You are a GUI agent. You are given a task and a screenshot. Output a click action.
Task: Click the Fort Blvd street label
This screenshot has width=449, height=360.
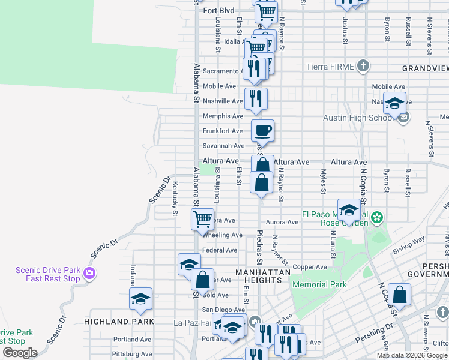tap(218, 10)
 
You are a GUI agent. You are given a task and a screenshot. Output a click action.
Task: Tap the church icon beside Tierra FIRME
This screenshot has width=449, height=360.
tap(363, 66)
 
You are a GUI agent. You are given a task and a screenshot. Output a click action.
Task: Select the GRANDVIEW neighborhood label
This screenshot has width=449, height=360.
tap(425, 68)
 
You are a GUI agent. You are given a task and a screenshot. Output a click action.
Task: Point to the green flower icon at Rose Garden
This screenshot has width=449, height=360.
tap(377, 217)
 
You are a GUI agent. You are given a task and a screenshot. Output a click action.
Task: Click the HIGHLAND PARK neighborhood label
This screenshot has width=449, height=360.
tap(119, 321)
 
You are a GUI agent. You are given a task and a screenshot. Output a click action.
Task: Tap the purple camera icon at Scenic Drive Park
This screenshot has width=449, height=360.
tap(89, 274)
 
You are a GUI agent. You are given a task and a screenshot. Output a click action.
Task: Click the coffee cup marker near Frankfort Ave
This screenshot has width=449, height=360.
tap(262, 130)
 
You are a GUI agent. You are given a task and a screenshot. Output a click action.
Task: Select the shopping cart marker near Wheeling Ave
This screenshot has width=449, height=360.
tap(203, 219)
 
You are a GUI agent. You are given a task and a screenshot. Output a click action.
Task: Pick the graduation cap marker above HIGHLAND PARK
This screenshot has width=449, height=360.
tap(140, 298)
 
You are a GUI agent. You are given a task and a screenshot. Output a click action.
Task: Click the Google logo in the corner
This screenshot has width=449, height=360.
tap(19, 353)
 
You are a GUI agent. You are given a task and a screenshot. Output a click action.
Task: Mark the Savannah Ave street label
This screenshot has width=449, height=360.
tap(223, 146)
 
